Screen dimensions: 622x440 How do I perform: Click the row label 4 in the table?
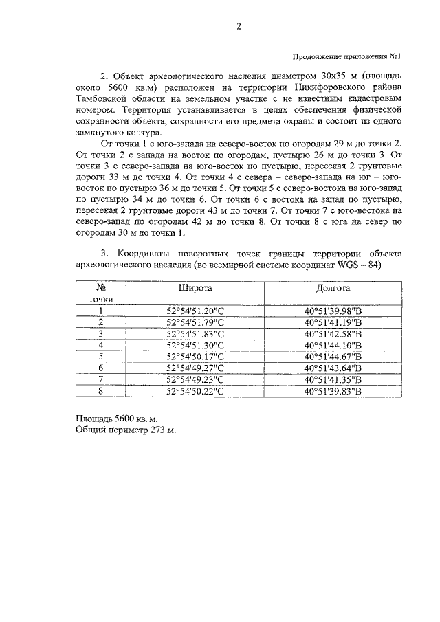click(100, 345)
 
